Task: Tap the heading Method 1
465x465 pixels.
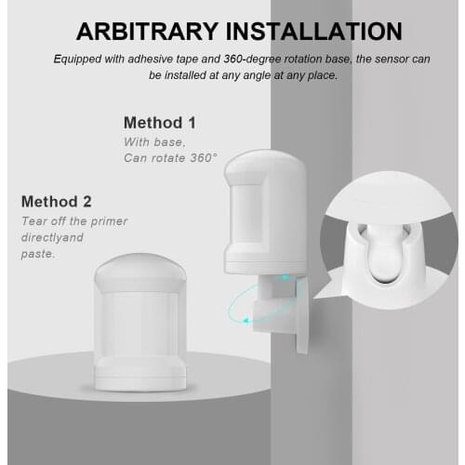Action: click(159, 123)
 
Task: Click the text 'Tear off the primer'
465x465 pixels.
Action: click(74, 220)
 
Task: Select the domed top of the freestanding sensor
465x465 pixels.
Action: click(140, 270)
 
